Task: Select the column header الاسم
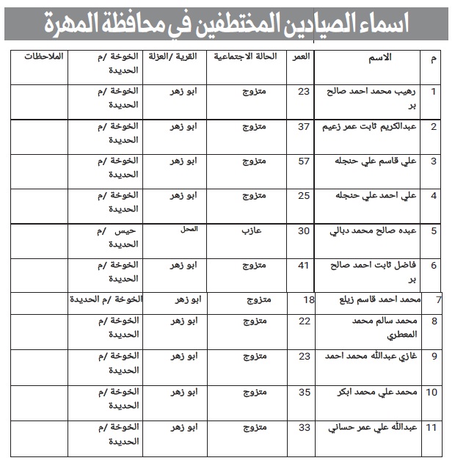pos(382,57)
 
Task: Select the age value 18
pos(309,300)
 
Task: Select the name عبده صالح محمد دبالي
pos(375,230)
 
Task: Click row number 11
pos(432,427)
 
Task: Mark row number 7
pos(439,300)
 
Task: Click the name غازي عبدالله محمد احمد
pos(371,357)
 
